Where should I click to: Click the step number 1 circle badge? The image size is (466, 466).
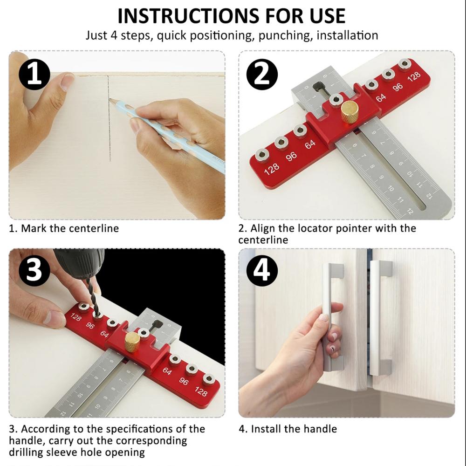tap(34, 75)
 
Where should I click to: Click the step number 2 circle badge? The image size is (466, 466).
tap(262, 75)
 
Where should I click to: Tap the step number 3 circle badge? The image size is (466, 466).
tap(34, 271)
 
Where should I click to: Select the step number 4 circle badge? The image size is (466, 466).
tap(262, 271)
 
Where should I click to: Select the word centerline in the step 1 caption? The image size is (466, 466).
tap(94, 228)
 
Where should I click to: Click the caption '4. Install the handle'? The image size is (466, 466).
tap(288, 429)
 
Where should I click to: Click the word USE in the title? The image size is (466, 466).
tap(325, 16)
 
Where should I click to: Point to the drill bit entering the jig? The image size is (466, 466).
tap(96, 303)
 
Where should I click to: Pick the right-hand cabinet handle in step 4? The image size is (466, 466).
tap(380, 317)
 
